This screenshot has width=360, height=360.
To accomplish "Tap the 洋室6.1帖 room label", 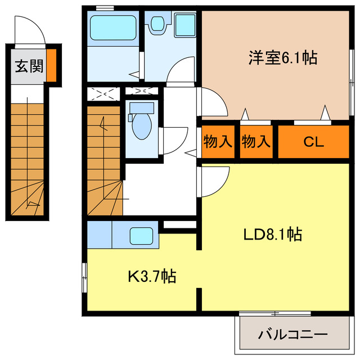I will coord(282,57).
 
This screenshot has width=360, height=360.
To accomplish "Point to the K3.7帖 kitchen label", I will coord(152,276).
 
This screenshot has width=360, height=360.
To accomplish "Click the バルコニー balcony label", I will coord(292,335).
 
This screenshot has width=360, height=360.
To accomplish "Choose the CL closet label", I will coord(314,142).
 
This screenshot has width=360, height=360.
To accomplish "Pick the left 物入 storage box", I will coord(218,141).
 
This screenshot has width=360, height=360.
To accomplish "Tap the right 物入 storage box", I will coord(256,141).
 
